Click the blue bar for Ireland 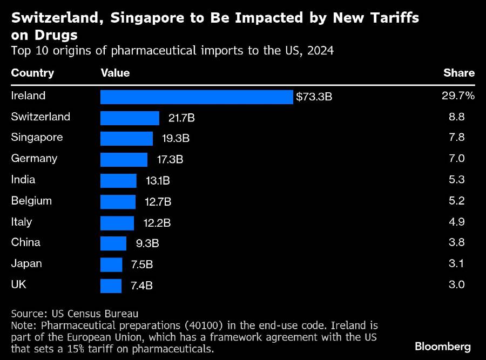pos(197,97)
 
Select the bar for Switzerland pos(130,118)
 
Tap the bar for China pos(113,243)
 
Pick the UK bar pos(111,286)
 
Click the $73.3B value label pos(314,97)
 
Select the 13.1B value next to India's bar pos(157,181)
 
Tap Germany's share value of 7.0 pos(457,159)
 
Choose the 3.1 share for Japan pos(457,264)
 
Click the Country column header pos(32,73)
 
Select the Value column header pos(115,73)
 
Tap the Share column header pos(459,73)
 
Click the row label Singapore pos(37,137)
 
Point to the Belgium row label pos(31,201)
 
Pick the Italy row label pos(22,222)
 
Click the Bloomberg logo pos(443,346)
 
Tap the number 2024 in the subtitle pos(321,51)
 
